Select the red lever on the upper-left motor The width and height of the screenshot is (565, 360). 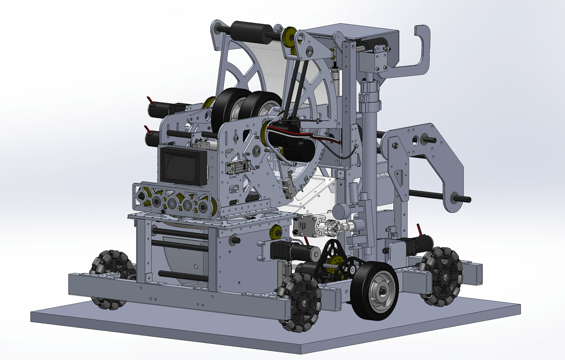click(150, 102)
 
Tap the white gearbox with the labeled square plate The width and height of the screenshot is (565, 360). click(307, 226)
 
